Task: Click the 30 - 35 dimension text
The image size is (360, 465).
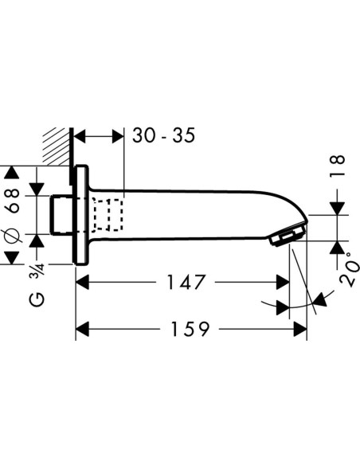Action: [164, 135]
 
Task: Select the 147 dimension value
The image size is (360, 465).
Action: [186, 282]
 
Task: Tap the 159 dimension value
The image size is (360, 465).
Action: [190, 329]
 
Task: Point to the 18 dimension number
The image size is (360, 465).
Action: [338, 166]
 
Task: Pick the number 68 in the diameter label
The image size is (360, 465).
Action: [14, 201]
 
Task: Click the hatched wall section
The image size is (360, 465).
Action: [57, 146]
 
